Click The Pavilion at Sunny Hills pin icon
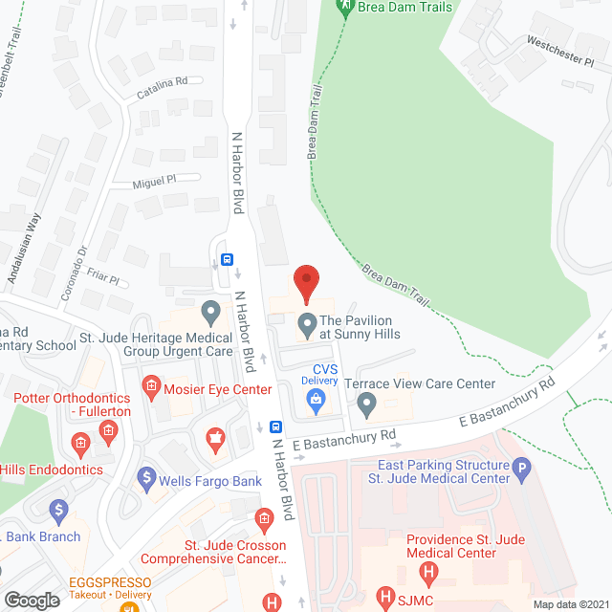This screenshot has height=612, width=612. tap(307, 325)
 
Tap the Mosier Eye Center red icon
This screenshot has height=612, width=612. tap(150, 387)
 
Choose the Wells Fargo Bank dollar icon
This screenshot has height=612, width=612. tap(146, 475)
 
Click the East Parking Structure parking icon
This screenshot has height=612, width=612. tap(522, 469)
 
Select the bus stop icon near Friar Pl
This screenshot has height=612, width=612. tap(228, 258)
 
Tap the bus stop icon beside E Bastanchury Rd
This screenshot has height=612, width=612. tap(275, 427)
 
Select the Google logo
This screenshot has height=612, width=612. tap(32, 600)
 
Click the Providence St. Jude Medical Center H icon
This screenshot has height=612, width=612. tap(428, 575)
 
